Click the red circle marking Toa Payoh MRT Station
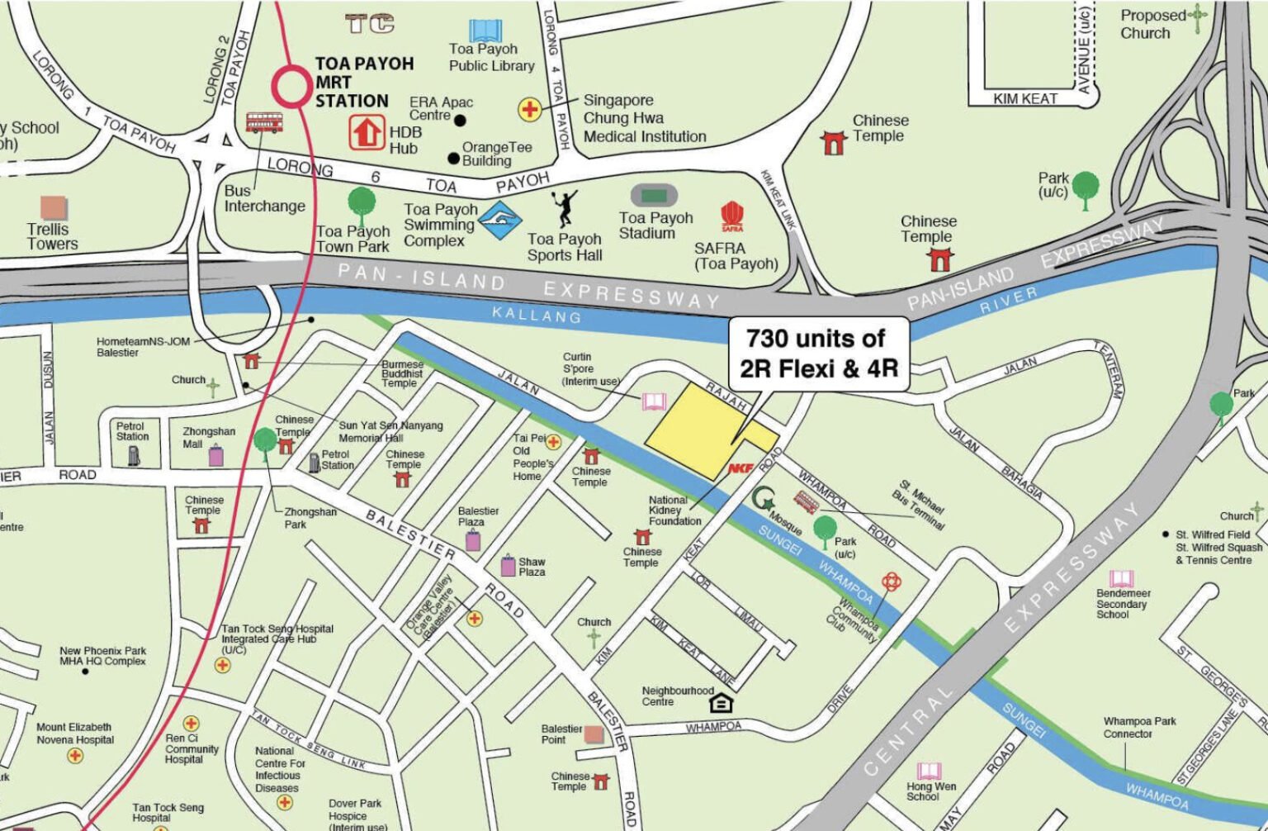(292, 86)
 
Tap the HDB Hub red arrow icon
(367, 132)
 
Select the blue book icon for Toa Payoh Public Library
(483, 31)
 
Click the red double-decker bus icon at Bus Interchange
(263, 123)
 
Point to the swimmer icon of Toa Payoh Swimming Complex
(501, 221)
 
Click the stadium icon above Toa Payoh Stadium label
(654, 196)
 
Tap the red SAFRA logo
(732, 217)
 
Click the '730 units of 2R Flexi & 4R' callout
(818, 353)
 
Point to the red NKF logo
(740, 468)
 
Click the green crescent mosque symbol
(762, 499)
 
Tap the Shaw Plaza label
(532, 567)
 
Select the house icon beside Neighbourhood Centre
(721, 702)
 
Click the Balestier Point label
(561, 734)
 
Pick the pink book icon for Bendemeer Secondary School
(1121, 578)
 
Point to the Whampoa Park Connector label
(1139, 727)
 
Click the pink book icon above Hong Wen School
(930, 771)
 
